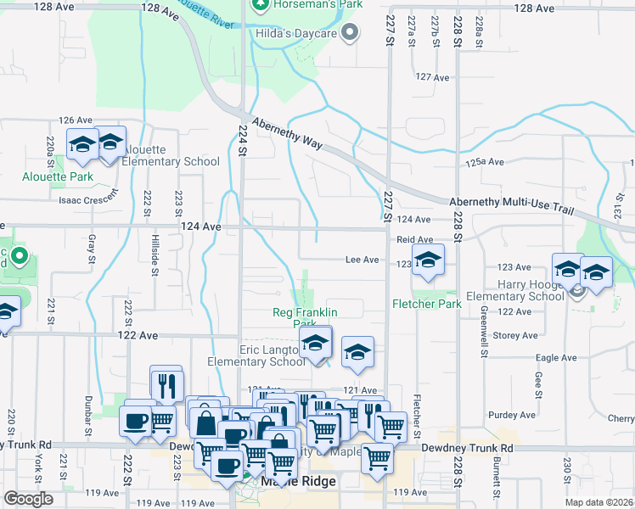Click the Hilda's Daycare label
click(296, 35)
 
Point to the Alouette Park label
click(57, 177)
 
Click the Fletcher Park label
click(425, 304)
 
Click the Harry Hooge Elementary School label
click(514, 289)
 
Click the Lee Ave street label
click(361, 260)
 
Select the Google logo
click(29, 499)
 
